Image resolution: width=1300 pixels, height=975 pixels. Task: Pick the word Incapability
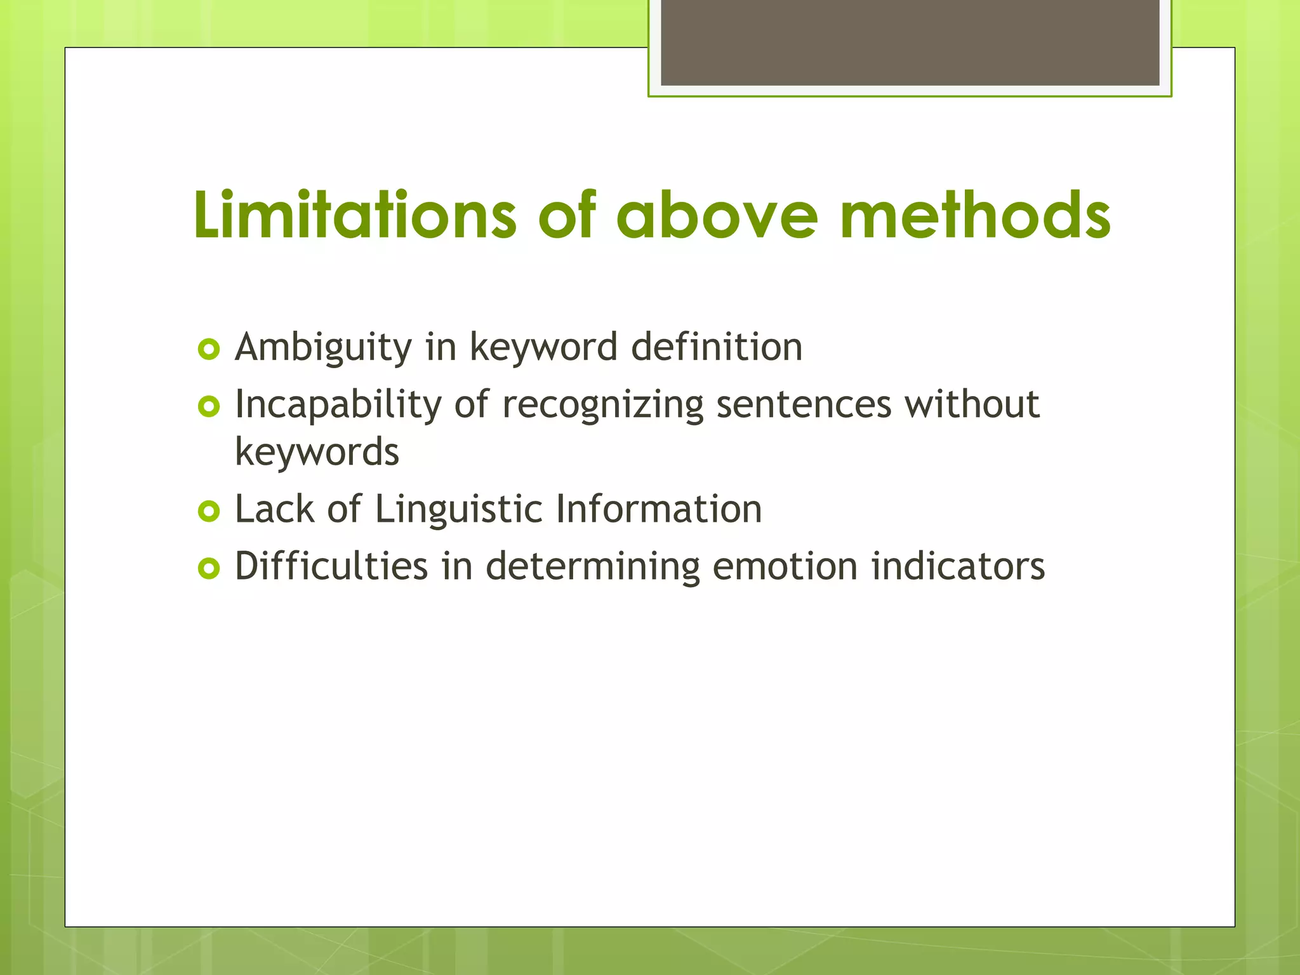[338, 405]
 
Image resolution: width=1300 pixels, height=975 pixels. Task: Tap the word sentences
[804, 404]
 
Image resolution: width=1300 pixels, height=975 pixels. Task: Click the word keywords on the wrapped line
[317, 452]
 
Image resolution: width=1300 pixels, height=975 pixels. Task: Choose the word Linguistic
[459, 509]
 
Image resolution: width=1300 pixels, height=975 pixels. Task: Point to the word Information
[659, 509]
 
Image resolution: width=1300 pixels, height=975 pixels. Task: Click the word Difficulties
[331, 566]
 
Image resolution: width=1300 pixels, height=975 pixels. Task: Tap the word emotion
[785, 566]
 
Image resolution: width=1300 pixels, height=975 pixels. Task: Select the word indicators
[958, 566]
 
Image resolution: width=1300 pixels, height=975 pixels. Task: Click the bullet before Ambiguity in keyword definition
[209, 349]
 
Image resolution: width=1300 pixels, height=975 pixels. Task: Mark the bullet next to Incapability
[209, 406]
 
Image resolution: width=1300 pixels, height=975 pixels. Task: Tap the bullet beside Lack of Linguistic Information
[209, 511]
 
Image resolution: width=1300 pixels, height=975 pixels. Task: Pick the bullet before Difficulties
[209, 567]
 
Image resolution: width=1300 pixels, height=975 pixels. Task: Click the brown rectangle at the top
[910, 42]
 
